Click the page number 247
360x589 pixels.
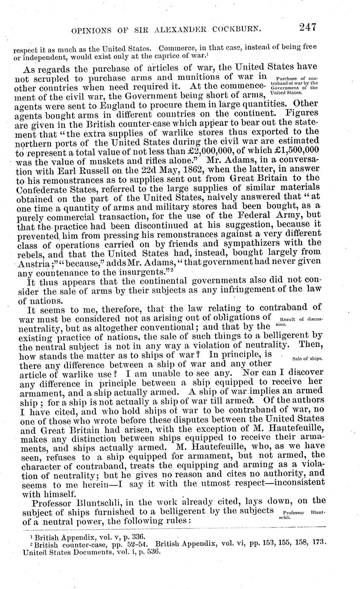click(307, 28)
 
